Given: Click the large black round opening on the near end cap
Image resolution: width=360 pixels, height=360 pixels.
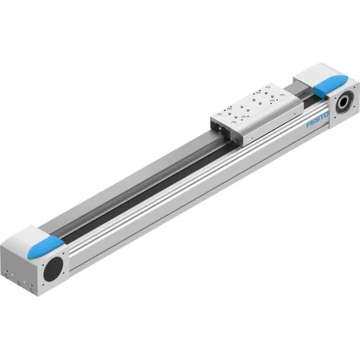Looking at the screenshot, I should (54, 269).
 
